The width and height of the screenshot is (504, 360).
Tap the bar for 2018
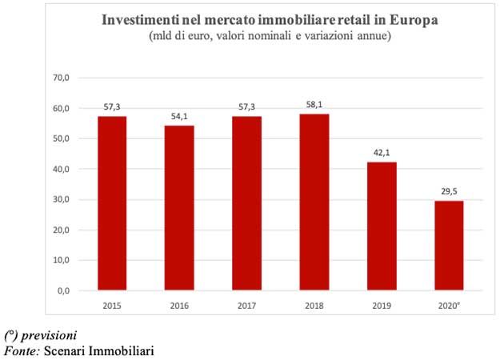pos(314,202)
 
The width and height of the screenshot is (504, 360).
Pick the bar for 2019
pos(382,226)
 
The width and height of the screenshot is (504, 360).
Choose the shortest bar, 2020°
pos(449,246)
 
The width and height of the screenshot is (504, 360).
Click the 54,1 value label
pos(179,117)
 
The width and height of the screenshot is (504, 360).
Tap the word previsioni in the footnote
pos(49,334)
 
